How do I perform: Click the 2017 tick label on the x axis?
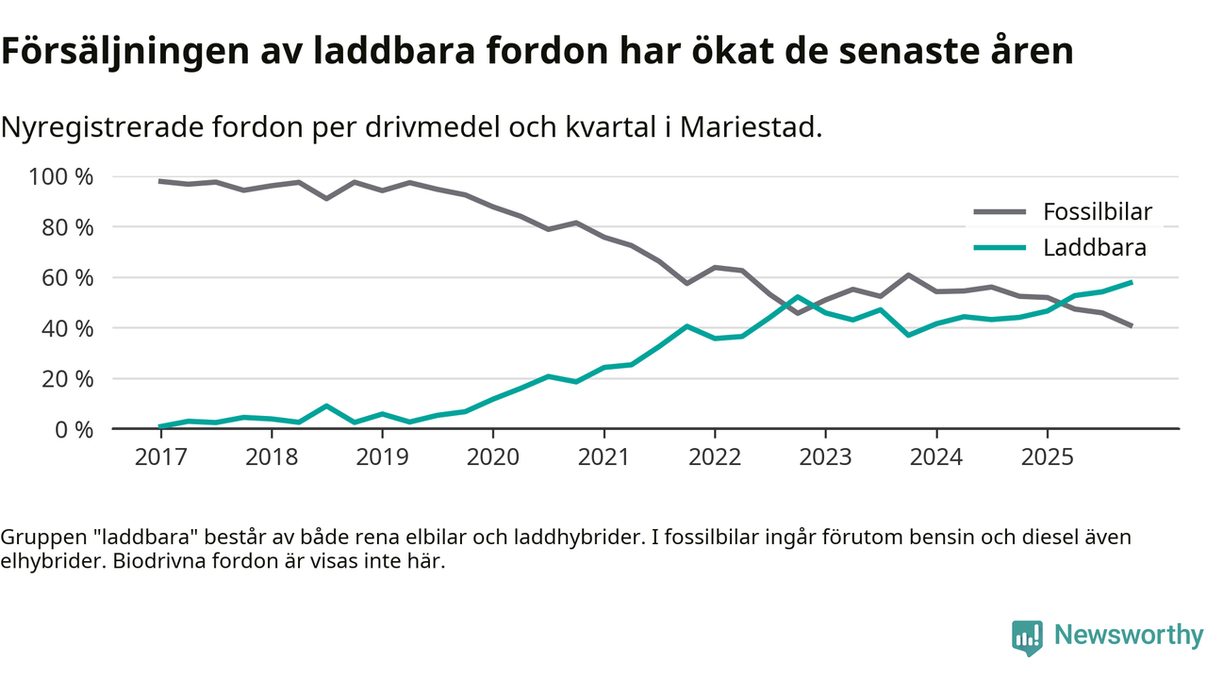click(160, 457)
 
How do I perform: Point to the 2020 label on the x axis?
click(493, 457)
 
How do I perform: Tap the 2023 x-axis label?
click(825, 457)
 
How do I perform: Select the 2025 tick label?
click(1047, 457)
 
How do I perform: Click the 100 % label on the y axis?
click(61, 177)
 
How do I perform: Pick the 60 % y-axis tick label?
click(66, 278)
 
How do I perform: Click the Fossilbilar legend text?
click(1097, 211)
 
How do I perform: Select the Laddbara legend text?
click(1094, 248)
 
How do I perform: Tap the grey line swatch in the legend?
click(1000, 212)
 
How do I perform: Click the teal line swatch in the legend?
click(1000, 248)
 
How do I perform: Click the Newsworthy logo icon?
click(1027, 638)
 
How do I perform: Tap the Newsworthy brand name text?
click(1128, 636)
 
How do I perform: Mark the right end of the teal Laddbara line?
click(1131, 282)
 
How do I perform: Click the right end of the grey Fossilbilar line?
click(1131, 325)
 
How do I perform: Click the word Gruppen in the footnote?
click(39, 538)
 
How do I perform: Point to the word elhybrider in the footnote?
click(44, 562)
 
